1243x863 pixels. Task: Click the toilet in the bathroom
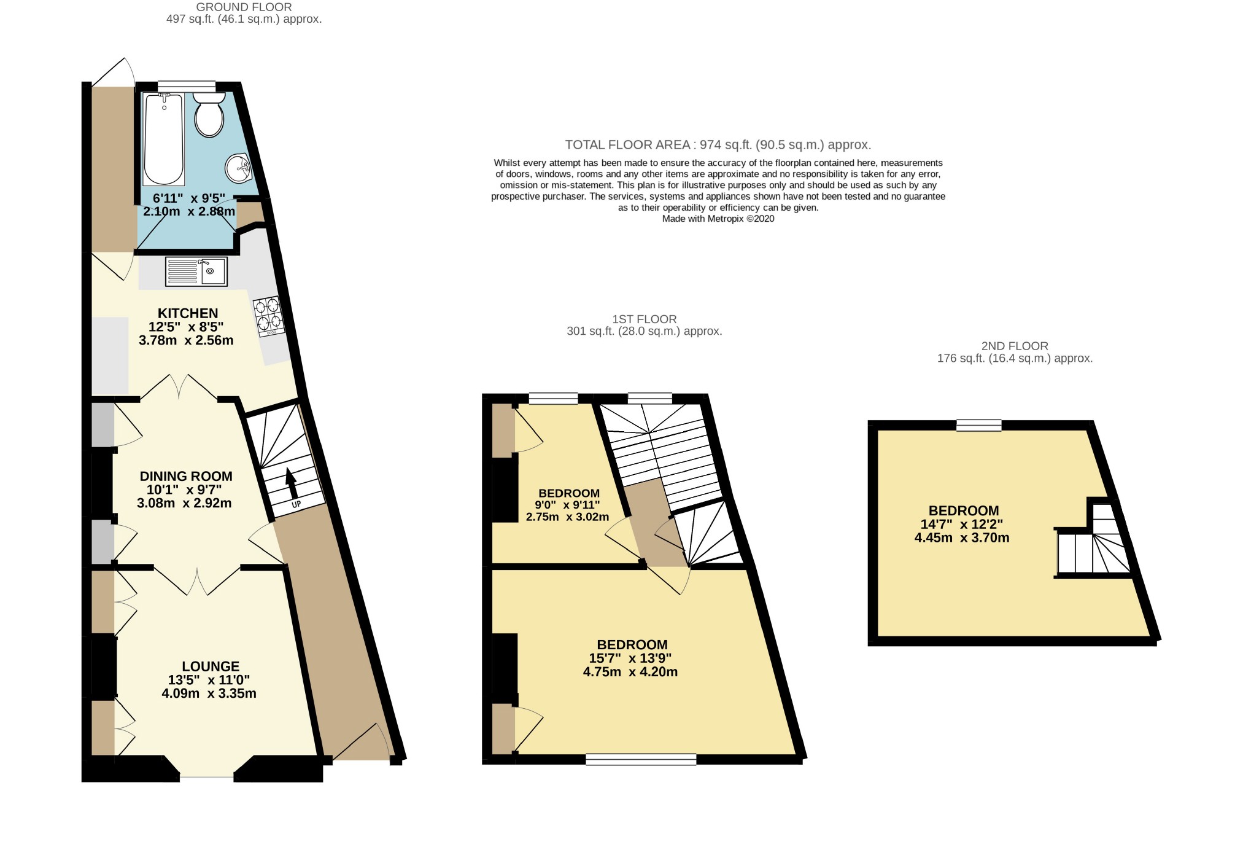[209, 115]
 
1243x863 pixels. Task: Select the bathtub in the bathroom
[163, 139]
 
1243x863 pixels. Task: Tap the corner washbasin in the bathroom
[239, 168]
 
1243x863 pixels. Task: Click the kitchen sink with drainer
[196, 271]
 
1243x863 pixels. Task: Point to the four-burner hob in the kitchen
[269, 315]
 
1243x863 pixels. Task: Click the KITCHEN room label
[188, 313]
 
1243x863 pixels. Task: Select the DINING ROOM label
[186, 476]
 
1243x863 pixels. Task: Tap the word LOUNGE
[211, 666]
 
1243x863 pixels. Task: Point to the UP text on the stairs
[296, 505]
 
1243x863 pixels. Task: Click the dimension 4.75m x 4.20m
[630, 672]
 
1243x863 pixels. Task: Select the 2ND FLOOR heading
[1015, 346]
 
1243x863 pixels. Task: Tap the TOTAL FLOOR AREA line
[718, 145]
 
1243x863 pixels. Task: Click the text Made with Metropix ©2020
[718, 219]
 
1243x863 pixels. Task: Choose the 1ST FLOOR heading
[644, 319]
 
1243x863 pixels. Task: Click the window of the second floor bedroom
[978, 425]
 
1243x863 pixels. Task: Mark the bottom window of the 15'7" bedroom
[641, 760]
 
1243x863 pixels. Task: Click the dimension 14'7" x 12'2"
[962, 525]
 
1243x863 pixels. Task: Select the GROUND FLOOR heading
[244, 7]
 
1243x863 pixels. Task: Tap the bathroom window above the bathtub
[187, 86]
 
